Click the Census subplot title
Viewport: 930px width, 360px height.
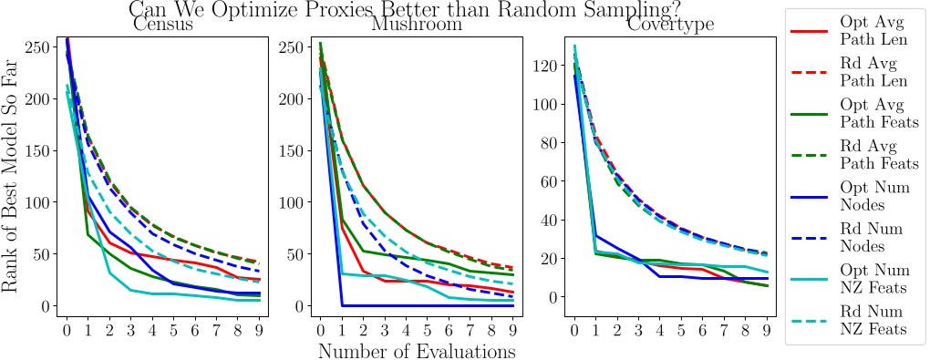[163, 26]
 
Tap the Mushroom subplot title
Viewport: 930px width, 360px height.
[416, 26]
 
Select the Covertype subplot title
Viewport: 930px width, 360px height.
[670, 26]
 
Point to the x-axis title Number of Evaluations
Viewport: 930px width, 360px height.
[416, 350]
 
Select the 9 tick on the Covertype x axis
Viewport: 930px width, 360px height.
[765, 328]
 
